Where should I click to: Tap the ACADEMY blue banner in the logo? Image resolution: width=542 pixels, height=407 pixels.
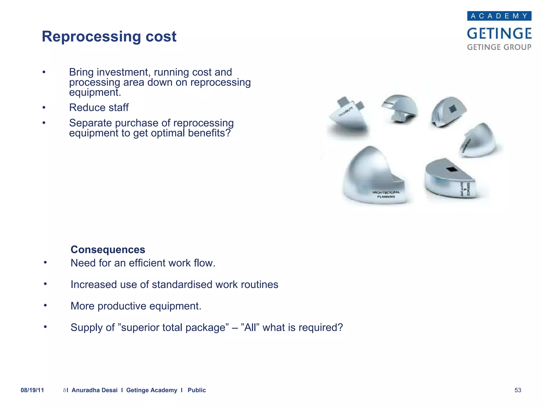pos(499,16)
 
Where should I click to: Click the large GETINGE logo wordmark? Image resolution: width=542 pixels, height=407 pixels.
pos(499,34)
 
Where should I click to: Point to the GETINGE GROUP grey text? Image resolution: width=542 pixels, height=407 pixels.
pos(499,47)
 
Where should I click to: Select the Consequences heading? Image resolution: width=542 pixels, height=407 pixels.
pos(108,250)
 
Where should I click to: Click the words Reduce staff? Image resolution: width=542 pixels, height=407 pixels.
pos(99,108)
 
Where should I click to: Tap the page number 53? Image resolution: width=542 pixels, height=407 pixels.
pos(518,390)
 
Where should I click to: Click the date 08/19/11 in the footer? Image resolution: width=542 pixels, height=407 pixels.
pos(32,390)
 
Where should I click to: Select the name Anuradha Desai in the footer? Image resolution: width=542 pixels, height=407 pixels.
pos(94,390)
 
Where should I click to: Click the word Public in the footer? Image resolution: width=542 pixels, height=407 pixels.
pos(197,390)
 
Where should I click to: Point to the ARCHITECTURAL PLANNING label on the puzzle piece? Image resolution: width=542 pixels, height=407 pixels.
pos(386,194)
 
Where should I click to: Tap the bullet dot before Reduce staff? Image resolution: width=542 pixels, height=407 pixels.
pos(44,108)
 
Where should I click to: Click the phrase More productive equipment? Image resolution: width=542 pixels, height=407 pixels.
pos(136,306)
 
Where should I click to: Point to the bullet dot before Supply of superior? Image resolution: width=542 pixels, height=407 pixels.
pos(45,327)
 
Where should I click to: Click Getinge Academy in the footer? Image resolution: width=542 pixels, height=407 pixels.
pos(152,390)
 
